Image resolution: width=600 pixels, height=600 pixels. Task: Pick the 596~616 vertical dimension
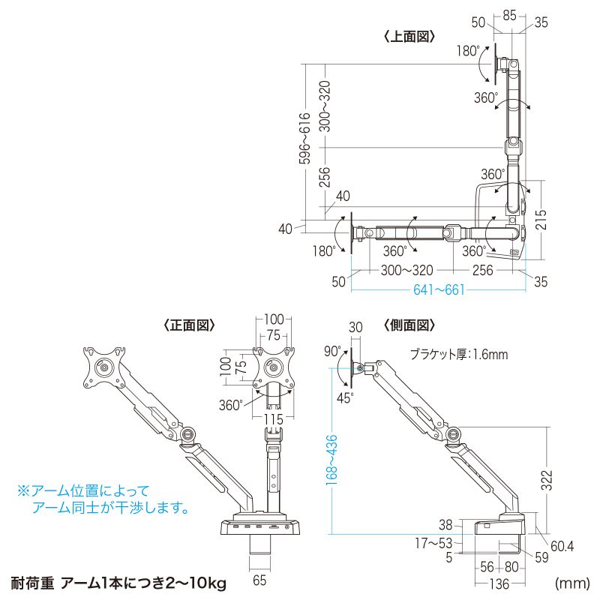pos(304,139)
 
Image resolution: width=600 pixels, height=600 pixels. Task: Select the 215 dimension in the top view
pos(541,219)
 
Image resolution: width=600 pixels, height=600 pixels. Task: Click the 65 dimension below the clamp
pos(259,579)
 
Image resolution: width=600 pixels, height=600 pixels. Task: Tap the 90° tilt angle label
pos(333,351)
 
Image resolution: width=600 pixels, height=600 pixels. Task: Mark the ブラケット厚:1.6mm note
pos(458,355)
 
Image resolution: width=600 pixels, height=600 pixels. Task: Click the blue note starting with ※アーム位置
pos(102,499)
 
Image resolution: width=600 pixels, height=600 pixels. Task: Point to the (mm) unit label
pos(570,583)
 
